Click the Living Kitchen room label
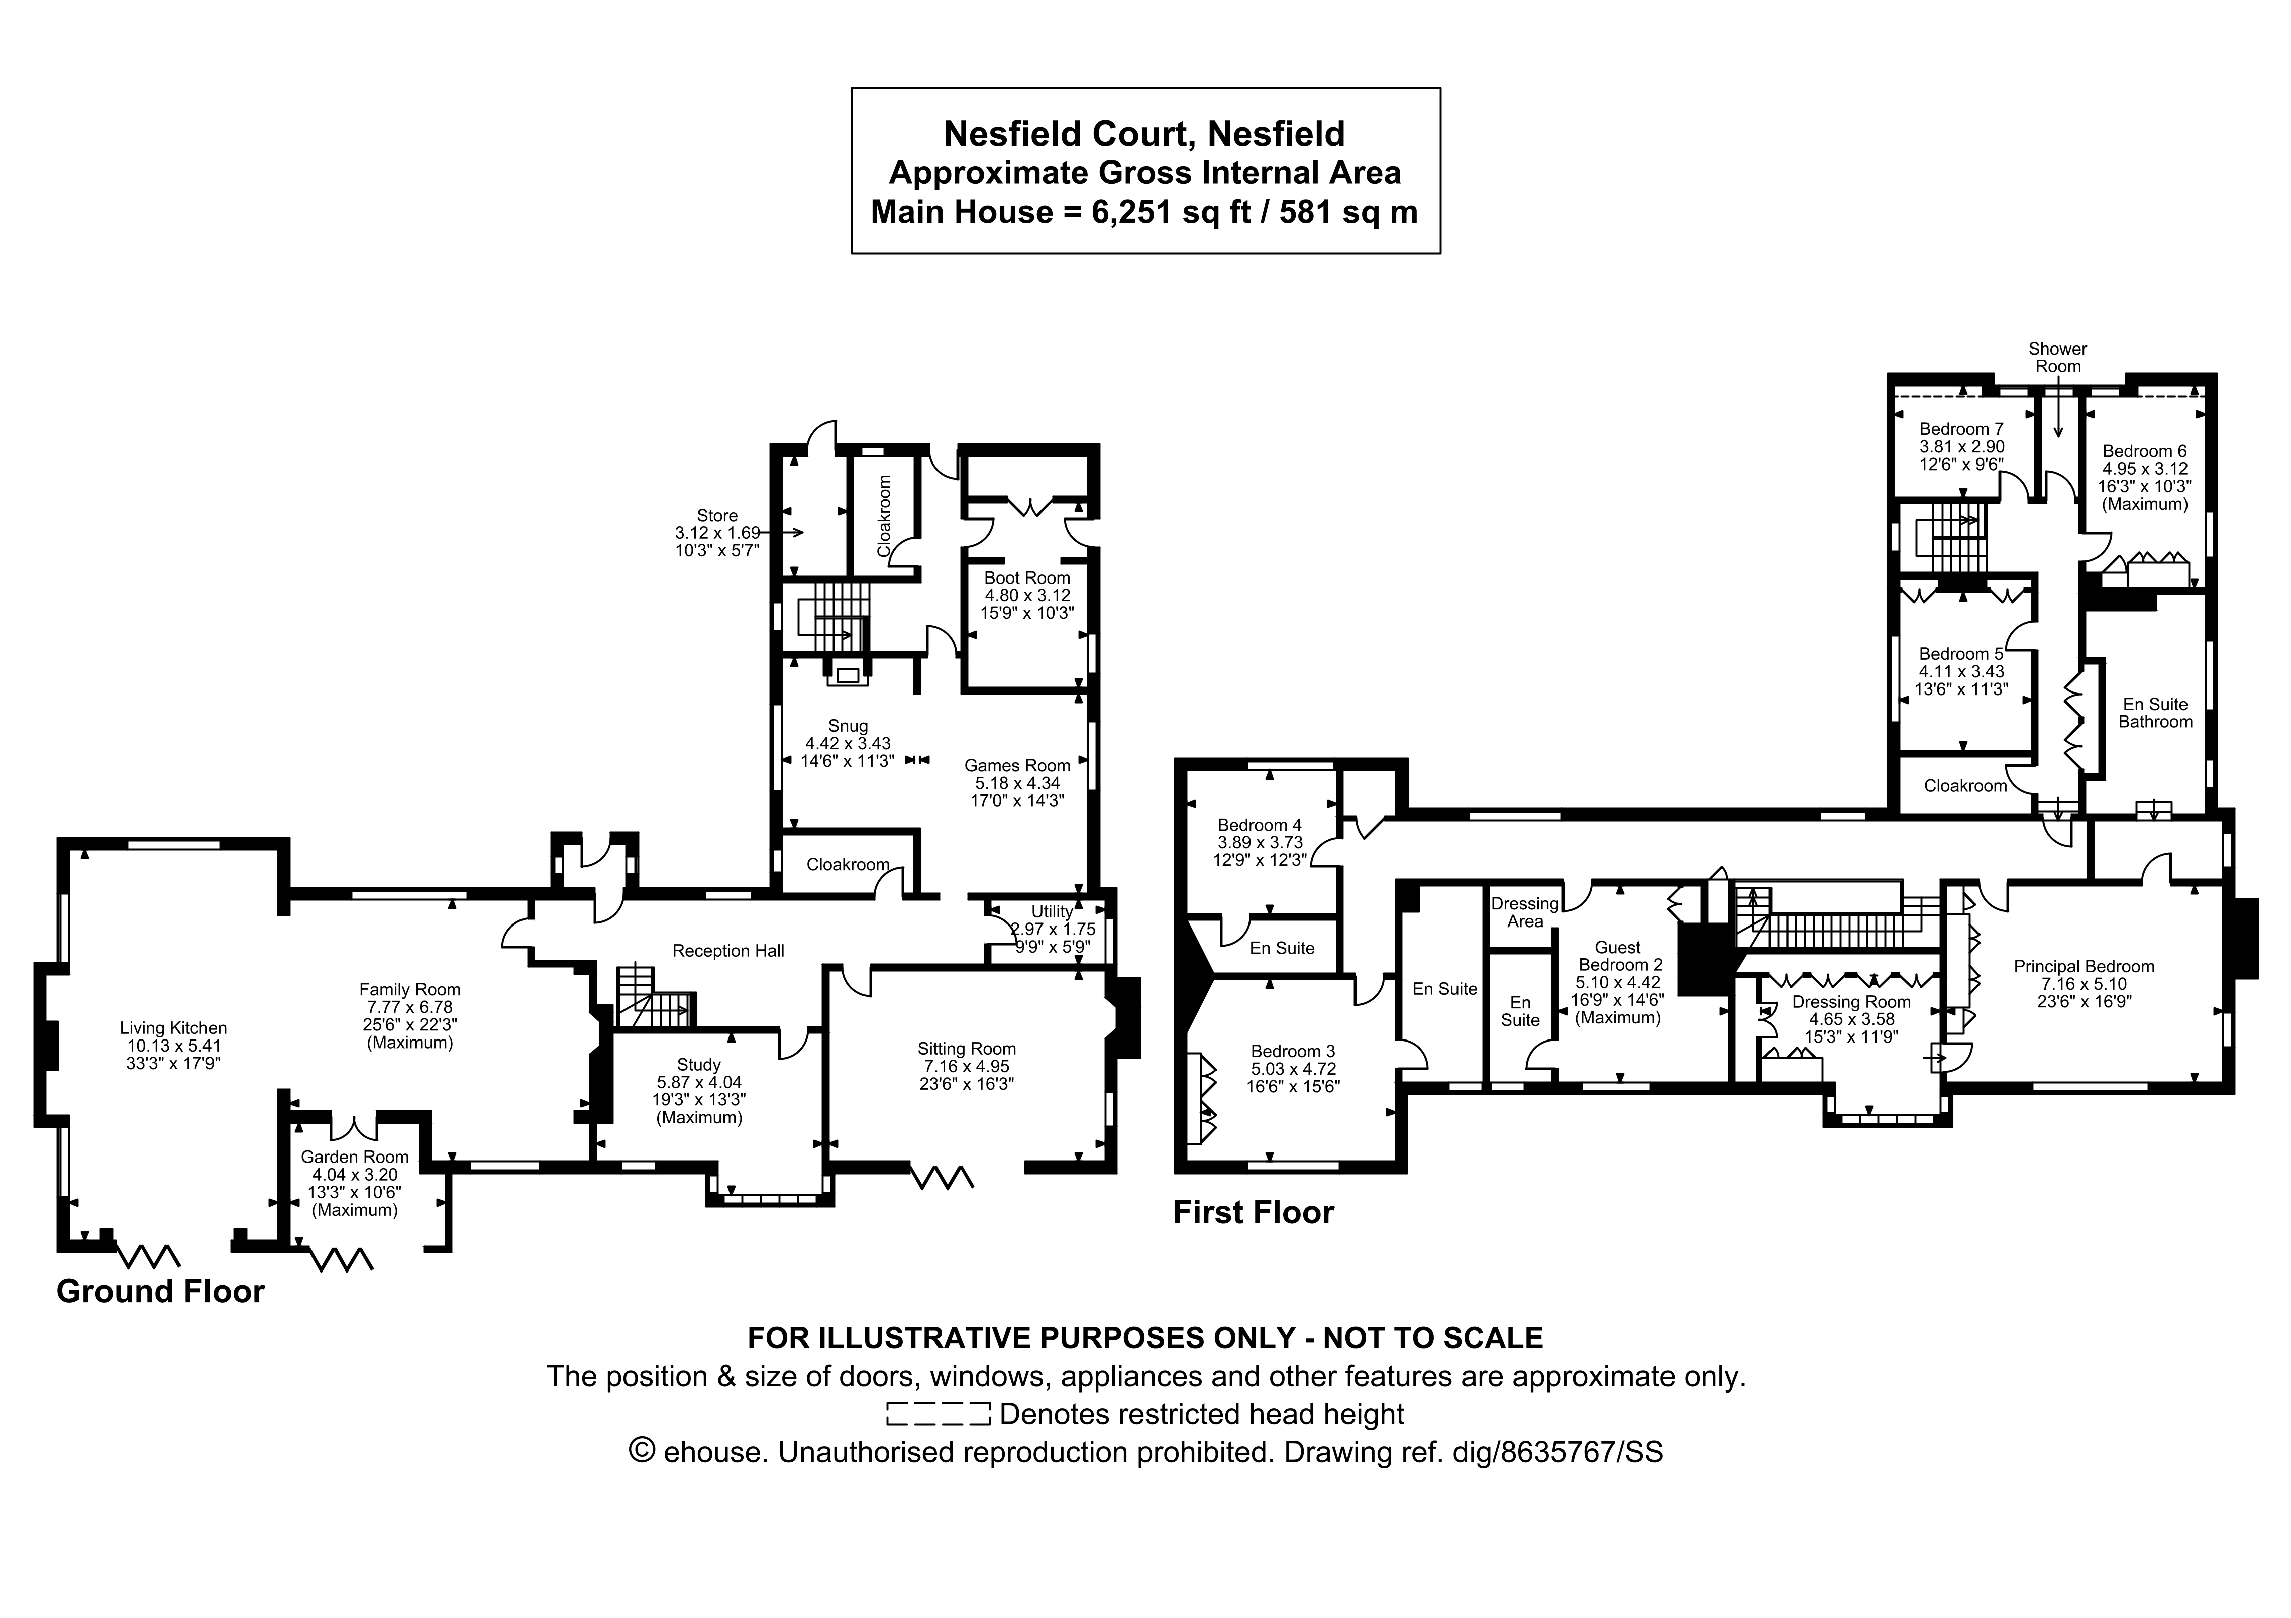pyautogui.click(x=173, y=1027)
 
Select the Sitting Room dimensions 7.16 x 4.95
pyautogui.click(x=966, y=1066)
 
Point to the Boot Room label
pyautogui.click(x=1027, y=577)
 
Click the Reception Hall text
pyautogui.click(x=728, y=951)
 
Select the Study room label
pyautogui.click(x=698, y=1065)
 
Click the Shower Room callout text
pyautogui.click(x=2057, y=357)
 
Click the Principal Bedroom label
pyautogui.click(x=2084, y=966)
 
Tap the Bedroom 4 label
pyautogui.click(x=1259, y=825)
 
